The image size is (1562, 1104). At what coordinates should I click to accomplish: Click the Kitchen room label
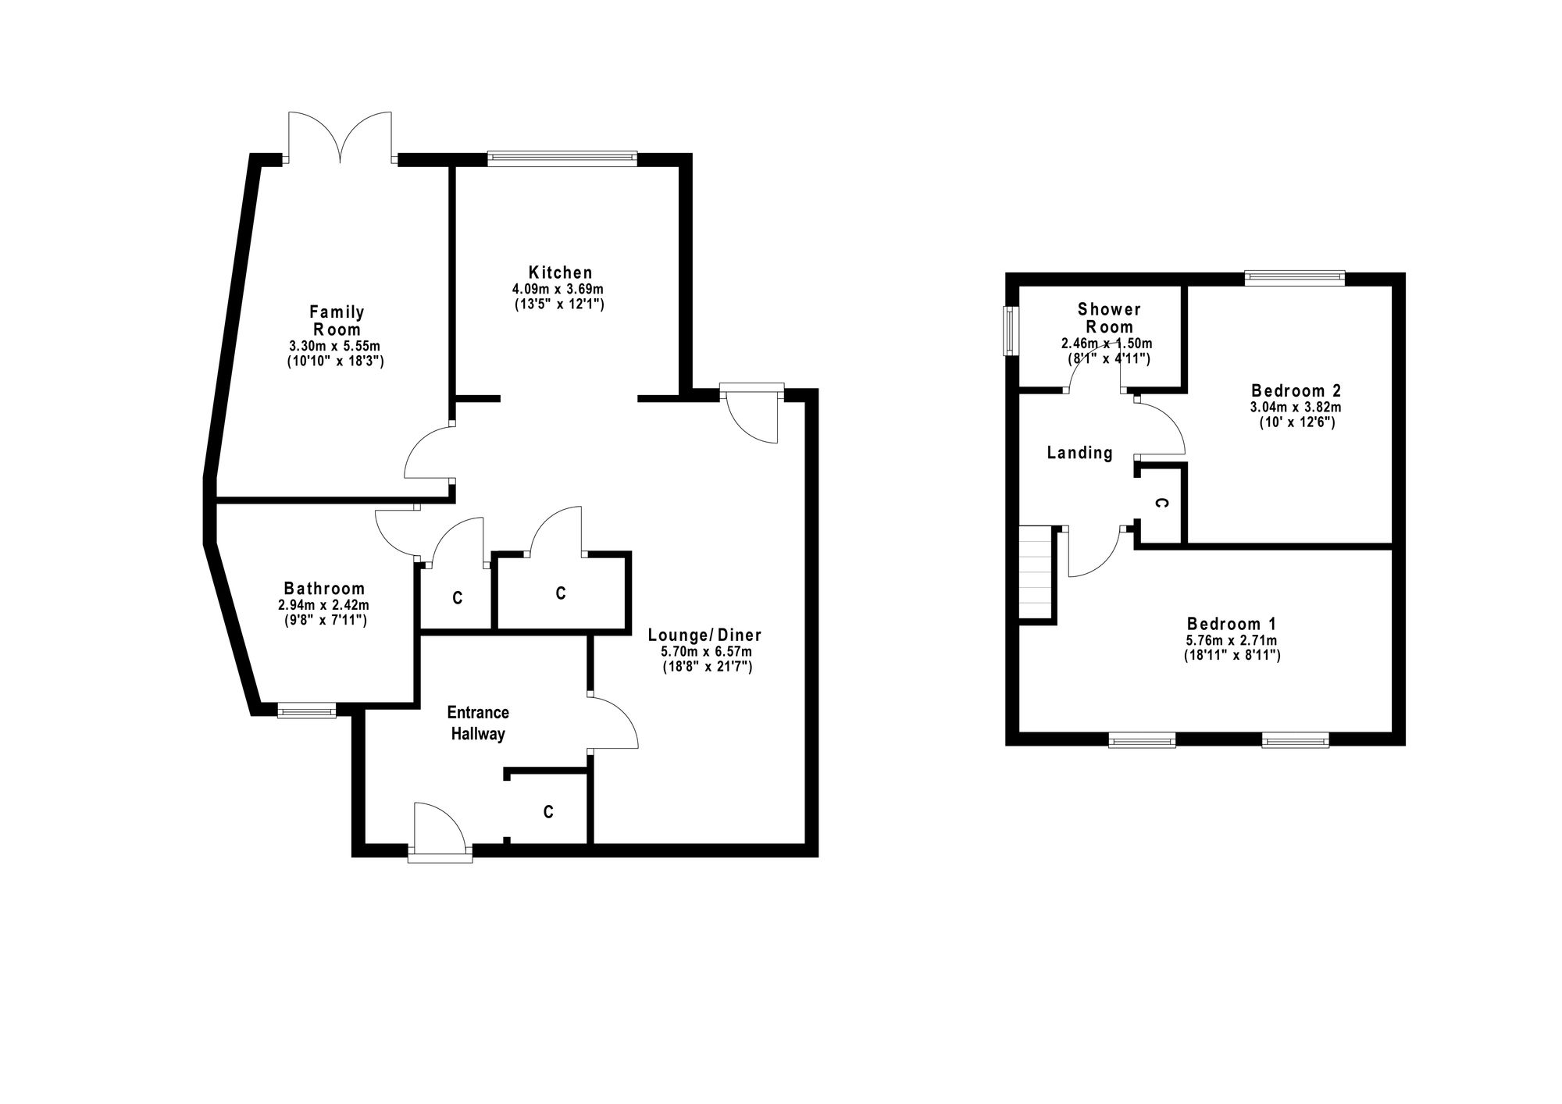coord(560,272)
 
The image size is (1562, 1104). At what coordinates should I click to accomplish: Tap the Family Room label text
coord(337,321)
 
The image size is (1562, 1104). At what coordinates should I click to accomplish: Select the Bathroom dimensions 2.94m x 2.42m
coord(323,605)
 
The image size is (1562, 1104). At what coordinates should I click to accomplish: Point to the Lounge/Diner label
coord(704,636)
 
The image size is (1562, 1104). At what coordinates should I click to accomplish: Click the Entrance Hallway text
coord(478,723)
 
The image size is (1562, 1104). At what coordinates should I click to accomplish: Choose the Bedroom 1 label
coord(1232,624)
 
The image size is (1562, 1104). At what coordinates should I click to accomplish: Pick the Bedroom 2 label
coord(1296,390)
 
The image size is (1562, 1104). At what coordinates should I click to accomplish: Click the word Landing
coord(1079,453)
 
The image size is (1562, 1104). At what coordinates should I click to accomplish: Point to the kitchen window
coord(562,158)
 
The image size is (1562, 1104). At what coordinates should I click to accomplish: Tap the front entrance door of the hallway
coord(440,832)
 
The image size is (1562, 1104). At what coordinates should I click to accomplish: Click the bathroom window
coord(306,710)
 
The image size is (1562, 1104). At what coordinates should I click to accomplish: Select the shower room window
coord(1011,330)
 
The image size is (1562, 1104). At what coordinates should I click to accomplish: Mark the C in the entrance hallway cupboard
coord(548,813)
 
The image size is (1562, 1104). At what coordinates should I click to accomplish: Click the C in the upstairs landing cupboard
coord(1161,504)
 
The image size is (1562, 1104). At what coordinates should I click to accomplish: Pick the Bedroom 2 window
coord(1295,277)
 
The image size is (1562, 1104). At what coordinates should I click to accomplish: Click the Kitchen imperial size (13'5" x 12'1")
coord(559,304)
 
